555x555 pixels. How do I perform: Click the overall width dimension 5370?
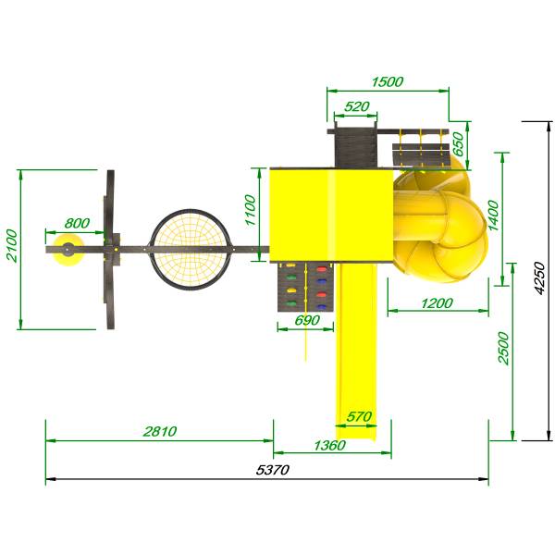(273, 470)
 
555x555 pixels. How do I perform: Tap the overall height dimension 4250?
(539, 277)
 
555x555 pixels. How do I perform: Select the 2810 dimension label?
(160, 431)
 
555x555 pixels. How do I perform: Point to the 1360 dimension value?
(329, 445)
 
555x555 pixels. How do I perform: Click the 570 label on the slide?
(359, 416)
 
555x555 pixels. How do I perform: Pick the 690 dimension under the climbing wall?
(307, 320)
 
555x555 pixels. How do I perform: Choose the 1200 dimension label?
(437, 303)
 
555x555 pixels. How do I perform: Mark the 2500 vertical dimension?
(503, 348)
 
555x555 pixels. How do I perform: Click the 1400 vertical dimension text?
(493, 216)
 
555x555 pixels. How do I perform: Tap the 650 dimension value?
(458, 144)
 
